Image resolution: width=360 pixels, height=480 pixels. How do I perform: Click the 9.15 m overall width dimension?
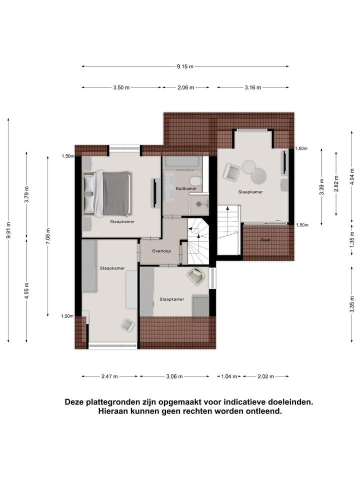pyautogui.click(x=185, y=66)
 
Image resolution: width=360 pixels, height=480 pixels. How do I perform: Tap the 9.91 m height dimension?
pyautogui.click(x=8, y=230)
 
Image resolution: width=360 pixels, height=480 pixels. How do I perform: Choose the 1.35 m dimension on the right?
pyautogui.click(x=352, y=243)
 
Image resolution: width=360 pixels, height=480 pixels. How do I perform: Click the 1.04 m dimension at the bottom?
pyautogui.click(x=229, y=376)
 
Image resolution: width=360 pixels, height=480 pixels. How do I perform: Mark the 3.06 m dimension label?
pyautogui.click(x=174, y=376)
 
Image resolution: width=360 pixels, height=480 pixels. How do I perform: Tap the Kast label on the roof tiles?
pyautogui.click(x=265, y=240)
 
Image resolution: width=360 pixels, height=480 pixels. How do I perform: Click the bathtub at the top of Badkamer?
pyautogui.click(x=182, y=162)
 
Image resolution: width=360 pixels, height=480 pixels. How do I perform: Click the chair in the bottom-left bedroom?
pyautogui.click(x=127, y=324)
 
